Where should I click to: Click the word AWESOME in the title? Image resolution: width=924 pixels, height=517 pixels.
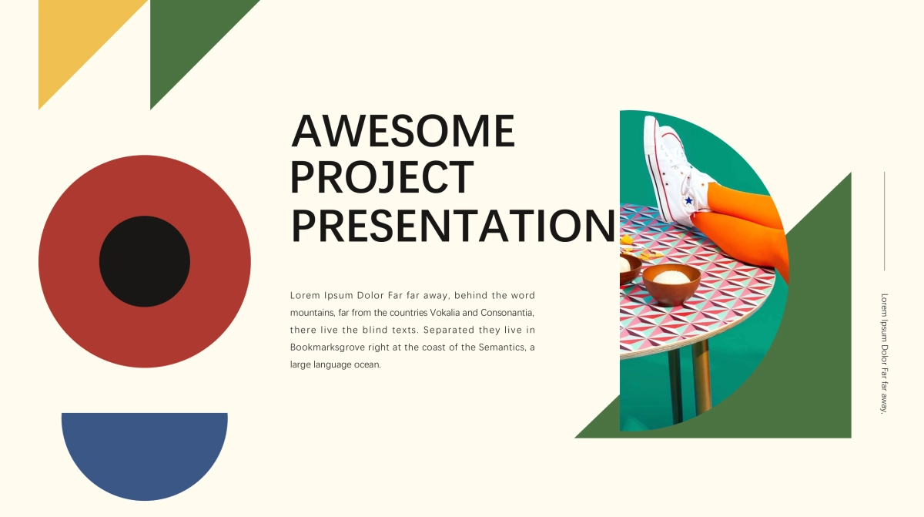[403, 131]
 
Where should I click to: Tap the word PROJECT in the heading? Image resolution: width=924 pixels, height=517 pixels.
[382, 177]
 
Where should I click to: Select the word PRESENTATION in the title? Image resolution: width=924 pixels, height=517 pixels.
[454, 226]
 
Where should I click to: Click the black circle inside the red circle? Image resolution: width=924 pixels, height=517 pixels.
[145, 261]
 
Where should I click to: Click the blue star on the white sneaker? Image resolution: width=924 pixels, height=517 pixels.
[688, 200]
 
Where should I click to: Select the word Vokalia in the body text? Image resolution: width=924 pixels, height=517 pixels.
[445, 312]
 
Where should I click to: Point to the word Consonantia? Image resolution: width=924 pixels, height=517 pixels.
[507, 313]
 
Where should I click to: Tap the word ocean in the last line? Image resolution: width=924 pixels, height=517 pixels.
[367, 364]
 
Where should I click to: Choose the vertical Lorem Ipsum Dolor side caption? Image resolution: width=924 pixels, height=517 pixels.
[884, 353]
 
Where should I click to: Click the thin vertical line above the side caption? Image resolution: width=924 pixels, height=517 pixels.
[885, 221]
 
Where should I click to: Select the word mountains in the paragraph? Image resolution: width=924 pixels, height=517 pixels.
[313, 313]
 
